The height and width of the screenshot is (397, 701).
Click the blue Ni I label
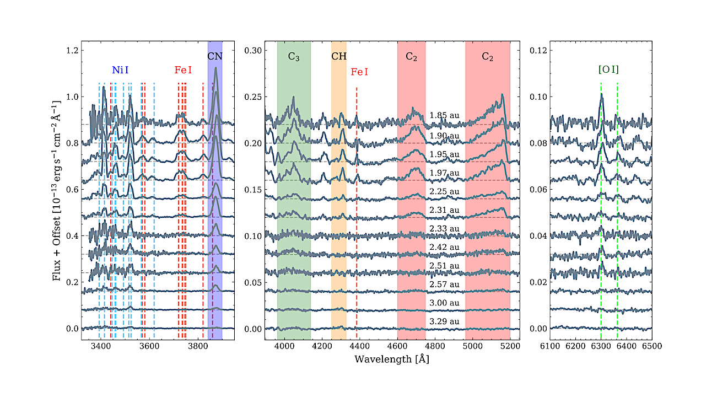(121, 70)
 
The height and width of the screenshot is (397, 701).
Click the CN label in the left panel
(215, 56)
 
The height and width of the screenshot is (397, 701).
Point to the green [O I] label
(608, 70)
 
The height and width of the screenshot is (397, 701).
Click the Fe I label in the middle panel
(359, 72)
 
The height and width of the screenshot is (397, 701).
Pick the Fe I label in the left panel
(184, 70)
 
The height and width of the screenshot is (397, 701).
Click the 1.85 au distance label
(444, 116)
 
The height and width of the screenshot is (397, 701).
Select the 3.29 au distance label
(444, 321)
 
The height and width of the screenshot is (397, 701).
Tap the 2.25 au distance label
(444, 191)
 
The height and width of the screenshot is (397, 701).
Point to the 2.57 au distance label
(444, 284)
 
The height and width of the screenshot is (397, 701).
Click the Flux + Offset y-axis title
(57, 191)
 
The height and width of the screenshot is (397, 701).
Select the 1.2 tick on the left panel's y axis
(73, 51)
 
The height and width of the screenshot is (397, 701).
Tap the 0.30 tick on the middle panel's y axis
(253, 51)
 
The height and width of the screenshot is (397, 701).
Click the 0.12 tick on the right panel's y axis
(538, 51)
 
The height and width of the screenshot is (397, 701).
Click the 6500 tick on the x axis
(651, 346)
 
